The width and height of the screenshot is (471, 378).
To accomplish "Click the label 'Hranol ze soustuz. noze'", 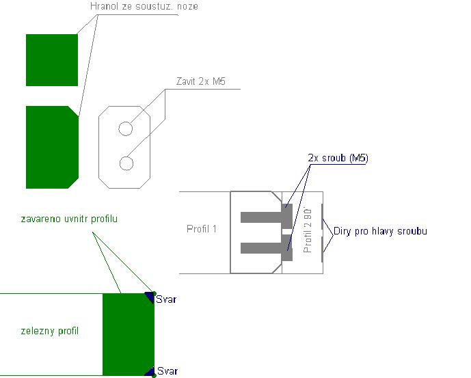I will click(x=144, y=7).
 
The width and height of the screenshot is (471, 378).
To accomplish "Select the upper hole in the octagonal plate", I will click(x=126, y=128).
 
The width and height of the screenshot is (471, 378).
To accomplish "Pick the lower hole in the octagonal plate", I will click(x=126, y=163).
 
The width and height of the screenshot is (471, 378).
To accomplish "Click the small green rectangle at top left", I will click(x=52, y=60).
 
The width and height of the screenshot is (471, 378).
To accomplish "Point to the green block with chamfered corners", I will click(x=52, y=147).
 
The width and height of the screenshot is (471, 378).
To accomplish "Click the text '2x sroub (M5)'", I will click(x=338, y=159).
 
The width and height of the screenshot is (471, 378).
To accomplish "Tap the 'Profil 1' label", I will click(x=202, y=229).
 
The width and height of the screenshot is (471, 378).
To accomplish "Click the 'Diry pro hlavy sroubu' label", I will click(x=380, y=231).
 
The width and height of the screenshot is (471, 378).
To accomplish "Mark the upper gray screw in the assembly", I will click(x=267, y=217).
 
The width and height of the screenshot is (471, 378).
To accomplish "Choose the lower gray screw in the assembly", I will click(x=267, y=247).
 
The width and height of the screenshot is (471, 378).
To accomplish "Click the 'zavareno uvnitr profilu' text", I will click(x=69, y=219).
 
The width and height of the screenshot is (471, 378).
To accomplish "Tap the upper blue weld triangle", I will click(x=149, y=297).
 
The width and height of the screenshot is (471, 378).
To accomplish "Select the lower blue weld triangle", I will click(x=149, y=371).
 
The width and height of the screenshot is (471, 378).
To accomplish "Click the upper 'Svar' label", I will click(x=167, y=299).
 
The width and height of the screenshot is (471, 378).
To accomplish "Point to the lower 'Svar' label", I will click(x=167, y=371).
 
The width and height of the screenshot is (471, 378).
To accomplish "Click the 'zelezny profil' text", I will click(x=50, y=332).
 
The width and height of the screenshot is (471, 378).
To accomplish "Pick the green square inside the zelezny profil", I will click(x=128, y=334).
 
